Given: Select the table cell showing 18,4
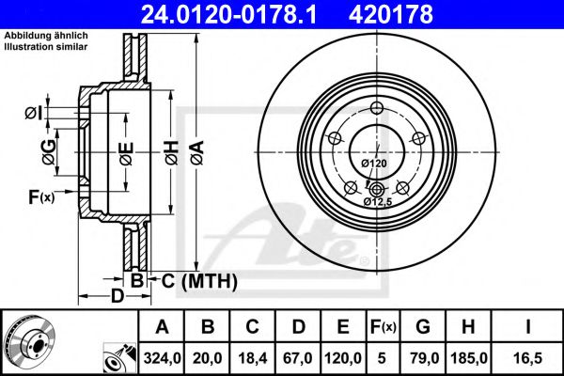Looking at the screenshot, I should (x=254, y=357).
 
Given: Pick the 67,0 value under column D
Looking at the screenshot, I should (x=299, y=357).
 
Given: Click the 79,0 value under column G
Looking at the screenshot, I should (x=423, y=357).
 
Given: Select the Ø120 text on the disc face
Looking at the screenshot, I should (x=374, y=164).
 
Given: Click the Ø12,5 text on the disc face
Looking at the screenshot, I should (x=379, y=200).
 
